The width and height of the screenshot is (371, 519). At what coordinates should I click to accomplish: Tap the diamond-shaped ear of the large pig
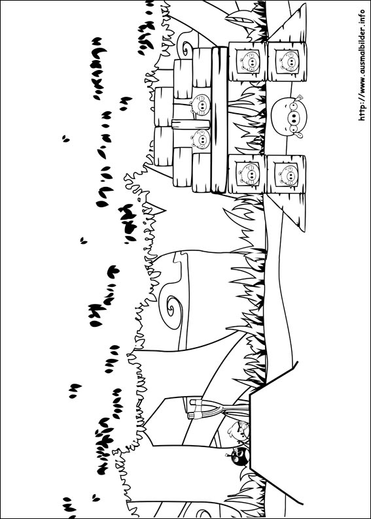click(x=300, y=97)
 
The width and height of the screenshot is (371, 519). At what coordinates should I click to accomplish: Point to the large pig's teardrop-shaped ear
click(x=299, y=135)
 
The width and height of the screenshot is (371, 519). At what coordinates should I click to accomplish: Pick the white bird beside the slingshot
click(x=238, y=430)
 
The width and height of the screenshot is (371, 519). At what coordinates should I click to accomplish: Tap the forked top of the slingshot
click(x=196, y=409)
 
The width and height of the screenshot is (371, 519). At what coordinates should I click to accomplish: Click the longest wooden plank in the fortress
click(x=219, y=120)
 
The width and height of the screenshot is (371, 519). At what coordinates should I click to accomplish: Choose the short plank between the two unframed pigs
click(x=191, y=124)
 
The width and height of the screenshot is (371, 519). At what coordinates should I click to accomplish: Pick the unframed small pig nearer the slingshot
click(x=201, y=139)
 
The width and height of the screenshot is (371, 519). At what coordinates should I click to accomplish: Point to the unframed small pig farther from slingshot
click(x=200, y=105)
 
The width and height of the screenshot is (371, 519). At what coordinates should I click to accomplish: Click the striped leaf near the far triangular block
click(x=239, y=18)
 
